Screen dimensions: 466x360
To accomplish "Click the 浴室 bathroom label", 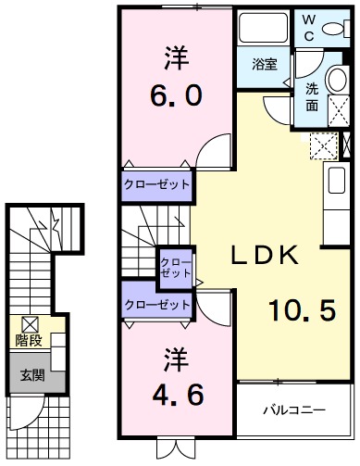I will [x=265, y=64].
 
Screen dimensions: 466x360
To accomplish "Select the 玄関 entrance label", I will [x=31, y=376].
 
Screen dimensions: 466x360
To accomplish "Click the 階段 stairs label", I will [x=29, y=341].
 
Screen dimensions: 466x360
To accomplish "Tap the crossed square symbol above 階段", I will [x=29, y=324].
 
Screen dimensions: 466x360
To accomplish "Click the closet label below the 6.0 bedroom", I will [x=156, y=184].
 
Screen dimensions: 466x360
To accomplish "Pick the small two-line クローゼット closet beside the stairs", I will [x=175, y=267].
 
